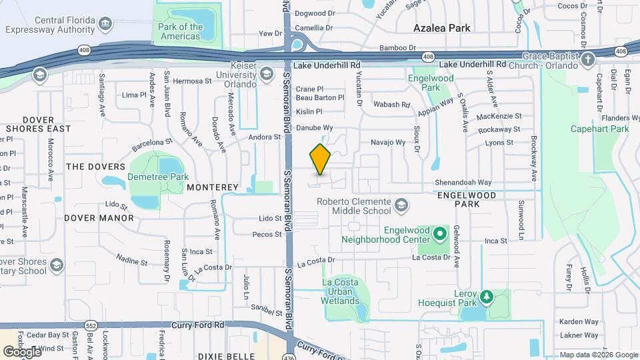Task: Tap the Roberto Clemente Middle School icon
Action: (x=401, y=205)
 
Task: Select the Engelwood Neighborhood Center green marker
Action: (x=439, y=234)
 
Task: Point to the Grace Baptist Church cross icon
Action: (x=587, y=59)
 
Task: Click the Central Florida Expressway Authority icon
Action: (x=105, y=24)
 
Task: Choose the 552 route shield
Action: (x=91, y=325)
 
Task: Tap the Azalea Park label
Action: (x=442, y=28)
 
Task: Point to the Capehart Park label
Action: (x=600, y=129)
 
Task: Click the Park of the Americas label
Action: (x=180, y=31)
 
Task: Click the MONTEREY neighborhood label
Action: (x=213, y=187)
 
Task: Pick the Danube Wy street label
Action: (x=314, y=127)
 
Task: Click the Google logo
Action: (x=22, y=351)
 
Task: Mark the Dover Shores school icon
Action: (x=57, y=266)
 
